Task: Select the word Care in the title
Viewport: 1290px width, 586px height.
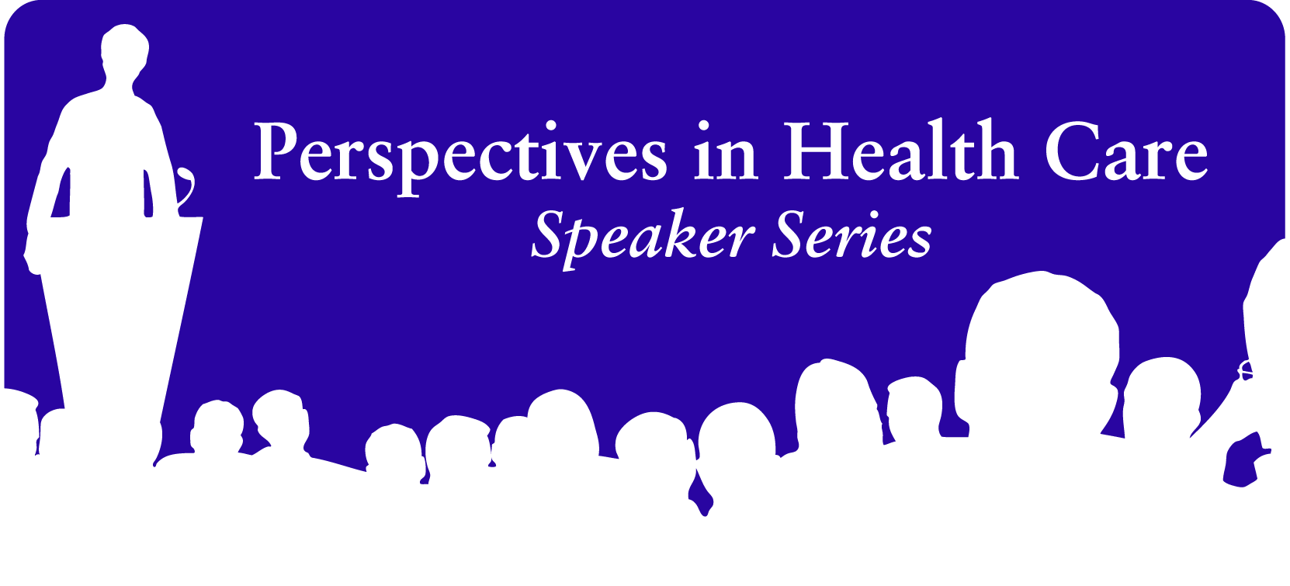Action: [1126, 151]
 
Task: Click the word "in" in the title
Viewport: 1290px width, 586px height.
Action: [726, 150]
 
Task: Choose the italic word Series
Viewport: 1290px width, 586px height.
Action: [851, 235]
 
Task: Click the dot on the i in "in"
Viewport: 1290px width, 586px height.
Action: [703, 126]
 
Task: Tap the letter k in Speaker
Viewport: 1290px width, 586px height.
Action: [692, 233]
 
